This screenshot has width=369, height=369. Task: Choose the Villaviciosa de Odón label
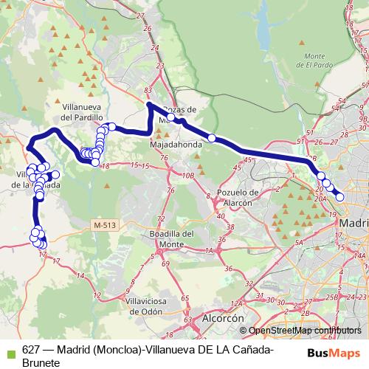point(148,306)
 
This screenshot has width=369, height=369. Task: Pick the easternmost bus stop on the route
point(339,196)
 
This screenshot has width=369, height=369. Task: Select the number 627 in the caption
point(32,350)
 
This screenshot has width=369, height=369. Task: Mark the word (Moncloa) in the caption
point(117,350)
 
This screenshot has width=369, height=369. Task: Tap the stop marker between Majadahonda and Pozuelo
point(212,138)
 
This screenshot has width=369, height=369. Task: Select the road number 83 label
point(148,90)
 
